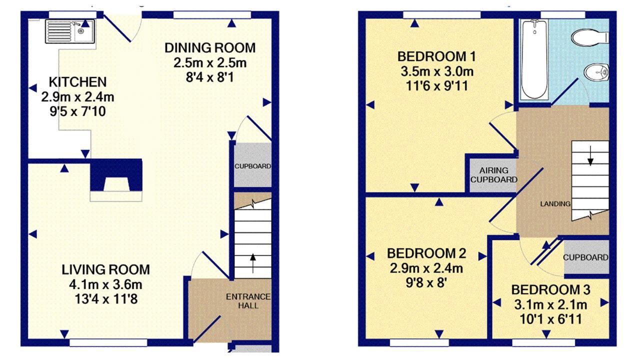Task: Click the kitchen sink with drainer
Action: (x=69, y=31)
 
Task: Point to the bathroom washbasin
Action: (x=596, y=72)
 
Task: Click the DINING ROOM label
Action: (x=210, y=47)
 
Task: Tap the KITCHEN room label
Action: (x=77, y=82)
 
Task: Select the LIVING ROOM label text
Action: (x=105, y=269)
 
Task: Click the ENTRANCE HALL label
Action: (x=248, y=301)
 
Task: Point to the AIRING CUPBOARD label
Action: (x=493, y=175)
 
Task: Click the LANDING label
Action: (x=555, y=203)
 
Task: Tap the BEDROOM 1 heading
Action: (x=437, y=56)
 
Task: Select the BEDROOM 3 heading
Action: (x=550, y=289)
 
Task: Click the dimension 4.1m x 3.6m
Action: (x=105, y=284)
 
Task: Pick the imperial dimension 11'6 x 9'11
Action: (x=437, y=86)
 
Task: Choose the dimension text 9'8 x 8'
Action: (x=426, y=283)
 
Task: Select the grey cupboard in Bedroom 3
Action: (x=586, y=257)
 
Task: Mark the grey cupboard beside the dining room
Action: (x=252, y=165)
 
